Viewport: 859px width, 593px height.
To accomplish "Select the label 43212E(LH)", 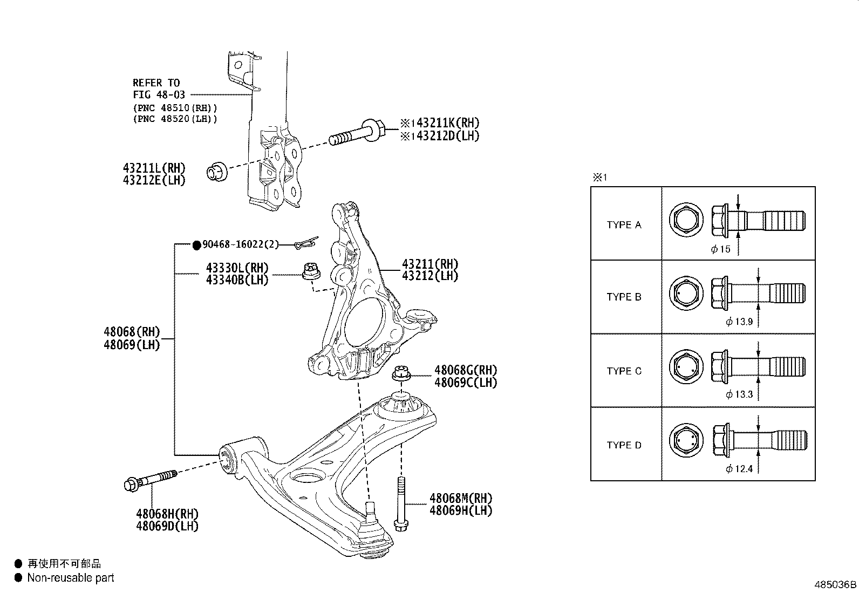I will click(x=154, y=181).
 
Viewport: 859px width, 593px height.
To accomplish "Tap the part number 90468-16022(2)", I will click(x=241, y=245).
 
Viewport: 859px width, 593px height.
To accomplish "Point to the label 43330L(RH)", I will click(x=237, y=268).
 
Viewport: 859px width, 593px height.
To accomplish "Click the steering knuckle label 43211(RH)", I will click(x=430, y=264).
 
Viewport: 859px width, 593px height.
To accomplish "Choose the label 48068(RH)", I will click(x=132, y=332).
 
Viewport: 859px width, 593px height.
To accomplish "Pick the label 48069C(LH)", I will click(x=466, y=383).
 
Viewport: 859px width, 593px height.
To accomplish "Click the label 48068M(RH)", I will click(x=461, y=498).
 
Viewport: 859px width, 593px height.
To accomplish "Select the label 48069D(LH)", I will click(x=167, y=526).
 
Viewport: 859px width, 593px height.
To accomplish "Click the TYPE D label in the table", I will click(x=624, y=445).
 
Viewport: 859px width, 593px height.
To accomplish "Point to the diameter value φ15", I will click(x=721, y=249).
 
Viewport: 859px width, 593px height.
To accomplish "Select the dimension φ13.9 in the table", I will click(x=739, y=322).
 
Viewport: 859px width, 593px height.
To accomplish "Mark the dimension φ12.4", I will click(x=739, y=469).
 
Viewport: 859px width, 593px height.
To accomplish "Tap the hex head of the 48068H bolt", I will click(x=131, y=484).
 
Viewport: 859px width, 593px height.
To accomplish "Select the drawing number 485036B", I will click(x=835, y=585).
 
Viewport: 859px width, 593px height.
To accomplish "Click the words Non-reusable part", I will click(x=71, y=578).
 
